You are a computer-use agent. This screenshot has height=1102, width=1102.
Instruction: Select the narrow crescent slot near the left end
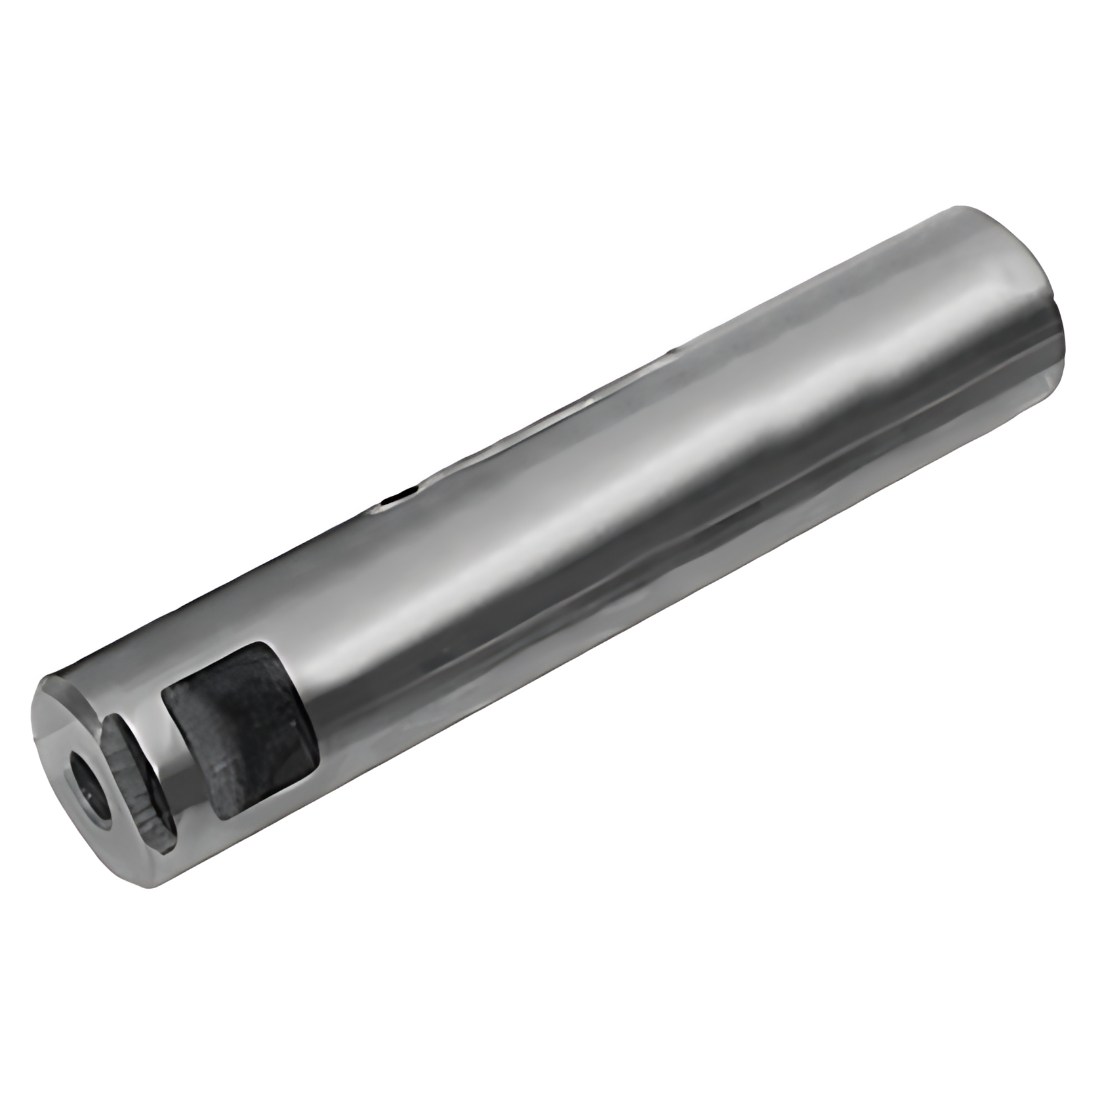[138, 781]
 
